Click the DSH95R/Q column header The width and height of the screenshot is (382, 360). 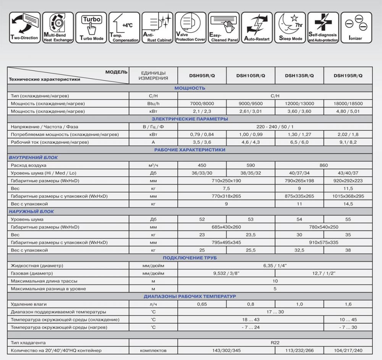(x=202, y=76)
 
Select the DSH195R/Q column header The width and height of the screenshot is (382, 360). (x=348, y=76)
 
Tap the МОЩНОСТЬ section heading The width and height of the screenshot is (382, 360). (x=190, y=88)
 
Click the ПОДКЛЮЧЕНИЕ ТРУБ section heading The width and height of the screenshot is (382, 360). (x=190, y=258)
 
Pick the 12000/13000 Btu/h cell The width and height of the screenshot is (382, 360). (x=299, y=104)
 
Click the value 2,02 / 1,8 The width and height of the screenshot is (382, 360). (x=348, y=135)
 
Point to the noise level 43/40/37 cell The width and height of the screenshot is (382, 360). (x=348, y=173)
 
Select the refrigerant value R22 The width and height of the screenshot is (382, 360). (x=275, y=343)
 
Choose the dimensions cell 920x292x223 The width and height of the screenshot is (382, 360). (x=348, y=181)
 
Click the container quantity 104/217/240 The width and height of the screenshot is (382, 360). (x=348, y=350)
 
